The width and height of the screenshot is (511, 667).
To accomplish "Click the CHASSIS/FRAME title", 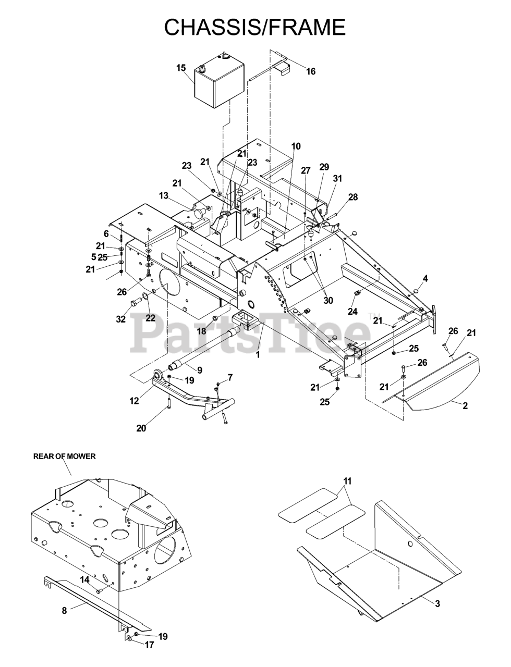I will pos(254,27).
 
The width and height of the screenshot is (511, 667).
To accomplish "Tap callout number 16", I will pos(311,72).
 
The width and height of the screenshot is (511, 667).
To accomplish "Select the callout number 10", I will pos(296,146).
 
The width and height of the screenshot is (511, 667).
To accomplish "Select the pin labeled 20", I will pos(168,403).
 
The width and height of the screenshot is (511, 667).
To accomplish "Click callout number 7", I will pos(229,377).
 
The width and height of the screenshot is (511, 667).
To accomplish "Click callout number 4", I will pos(425,279).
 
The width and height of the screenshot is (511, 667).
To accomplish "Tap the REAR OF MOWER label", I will pos(65,456).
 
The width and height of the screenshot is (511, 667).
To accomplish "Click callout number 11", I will pos(347,480).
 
